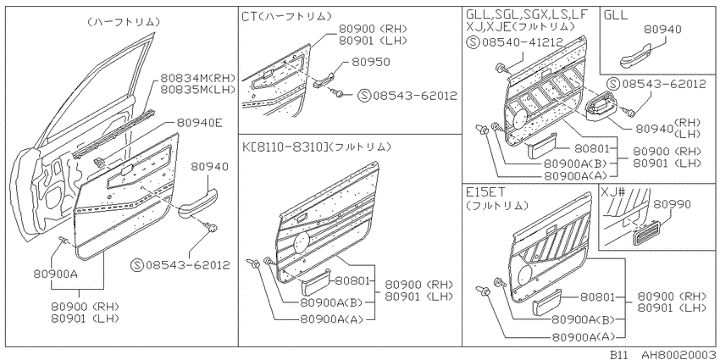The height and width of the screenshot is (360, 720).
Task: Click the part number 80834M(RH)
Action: tap(198, 78)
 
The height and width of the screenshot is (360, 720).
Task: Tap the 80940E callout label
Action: tap(200, 123)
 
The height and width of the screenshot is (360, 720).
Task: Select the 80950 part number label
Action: tap(371, 62)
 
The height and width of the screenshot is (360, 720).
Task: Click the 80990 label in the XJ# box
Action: tap(672, 204)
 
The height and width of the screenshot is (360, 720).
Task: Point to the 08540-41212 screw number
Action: tap(522, 42)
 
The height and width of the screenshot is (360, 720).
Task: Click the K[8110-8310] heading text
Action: tap(283, 147)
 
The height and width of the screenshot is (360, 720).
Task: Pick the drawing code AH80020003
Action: tap(679, 354)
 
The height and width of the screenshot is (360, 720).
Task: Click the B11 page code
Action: tap(620, 354)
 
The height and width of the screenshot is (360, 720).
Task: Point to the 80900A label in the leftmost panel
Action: tap(55, 274)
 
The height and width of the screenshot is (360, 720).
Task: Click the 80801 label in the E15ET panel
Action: tap(597, 296)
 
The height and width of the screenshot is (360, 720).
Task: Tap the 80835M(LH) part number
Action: tap(198, 89)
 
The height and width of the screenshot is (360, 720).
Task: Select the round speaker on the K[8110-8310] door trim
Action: tap(301, 241)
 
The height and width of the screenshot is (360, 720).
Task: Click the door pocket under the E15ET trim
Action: tap(547, 302)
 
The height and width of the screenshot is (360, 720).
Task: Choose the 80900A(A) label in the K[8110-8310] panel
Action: tap(330, 318)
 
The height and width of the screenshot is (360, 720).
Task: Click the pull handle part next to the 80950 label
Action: tap(324, 80)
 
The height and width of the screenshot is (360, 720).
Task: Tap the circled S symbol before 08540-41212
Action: tap(473, 42)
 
